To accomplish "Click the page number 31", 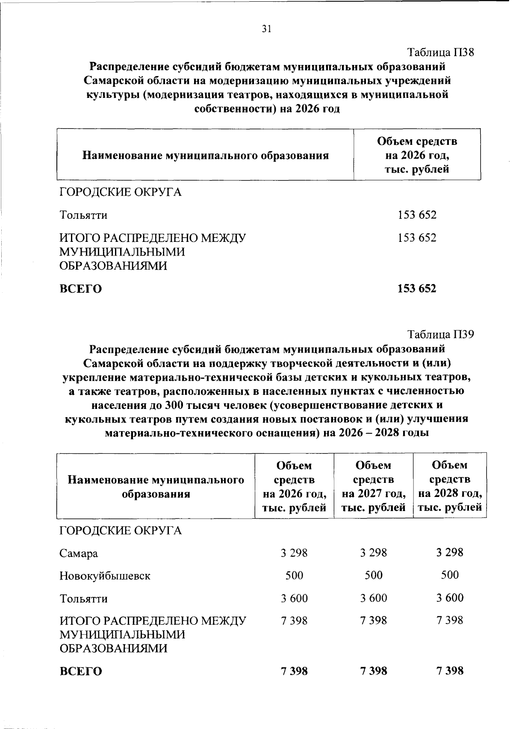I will (x=266, y=29).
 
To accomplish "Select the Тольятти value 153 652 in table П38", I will (x=417, y=215).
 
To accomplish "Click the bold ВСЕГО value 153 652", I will (x=417, y=288).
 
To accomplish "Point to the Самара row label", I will (x=79, y=553).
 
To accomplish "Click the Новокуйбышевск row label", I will (x=105, y=576).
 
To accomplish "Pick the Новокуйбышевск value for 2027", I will (x=374, y=575).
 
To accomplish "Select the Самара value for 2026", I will (x=294, y=553).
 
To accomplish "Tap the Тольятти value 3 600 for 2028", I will (x=450, y=598).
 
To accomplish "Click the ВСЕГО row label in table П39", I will (x=81, y=671).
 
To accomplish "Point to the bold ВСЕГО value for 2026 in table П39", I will (x=294, y=671).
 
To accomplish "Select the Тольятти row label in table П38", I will (x=83, y=215).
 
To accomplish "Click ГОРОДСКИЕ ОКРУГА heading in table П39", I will (x=121, y=531).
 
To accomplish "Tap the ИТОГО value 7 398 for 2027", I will (x=374, y=620).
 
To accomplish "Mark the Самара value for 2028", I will (x=450, y=553).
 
